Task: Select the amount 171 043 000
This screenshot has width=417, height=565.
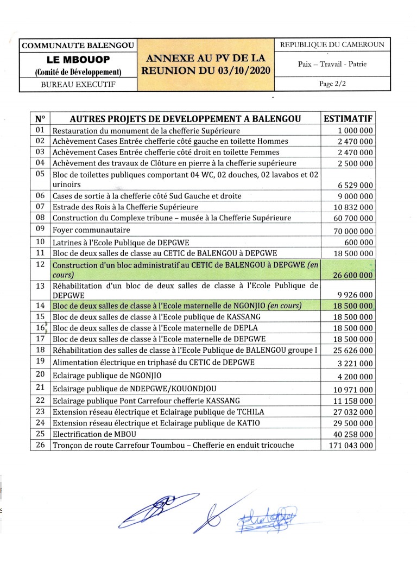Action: coord(351,446)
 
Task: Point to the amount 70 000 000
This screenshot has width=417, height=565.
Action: coord(351,231)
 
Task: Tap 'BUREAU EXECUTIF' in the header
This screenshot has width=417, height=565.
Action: coord(78,85)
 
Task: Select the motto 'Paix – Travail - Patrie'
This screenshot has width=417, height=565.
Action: coord(332,64)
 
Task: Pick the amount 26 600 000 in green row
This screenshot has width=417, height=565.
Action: coord(351,276)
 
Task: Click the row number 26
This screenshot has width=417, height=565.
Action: coord(39,445)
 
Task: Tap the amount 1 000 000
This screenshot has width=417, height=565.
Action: coord(355,131)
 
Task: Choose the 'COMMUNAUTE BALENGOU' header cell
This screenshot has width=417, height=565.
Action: coord(78,46)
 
